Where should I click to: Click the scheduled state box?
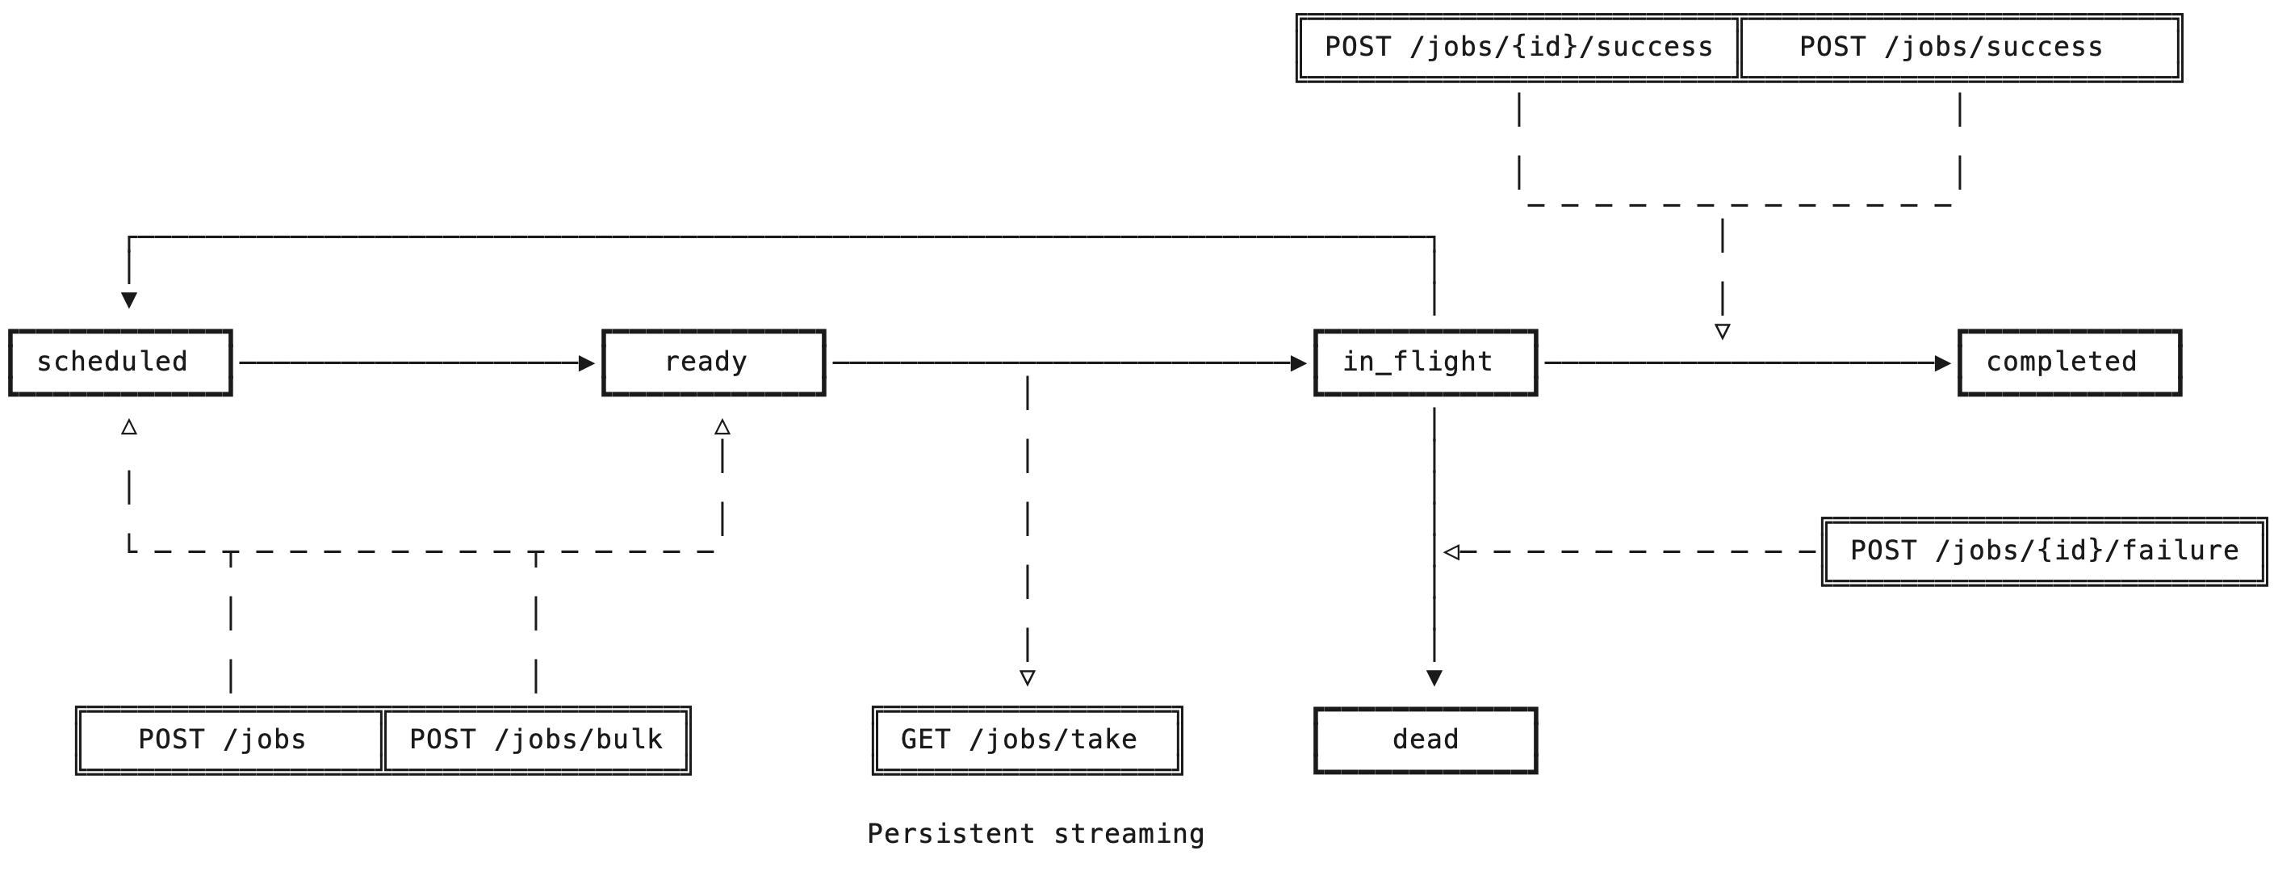pos(120,362)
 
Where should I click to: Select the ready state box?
pos(714,362)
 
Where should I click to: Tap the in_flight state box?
pos(1425,362)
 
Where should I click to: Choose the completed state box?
pos(2069,362)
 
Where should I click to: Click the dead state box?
pos(1425,740)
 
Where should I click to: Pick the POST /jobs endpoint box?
pos(229,740)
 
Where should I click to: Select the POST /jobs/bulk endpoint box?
pos(536,740)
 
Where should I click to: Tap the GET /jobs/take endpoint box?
pos(1027,740)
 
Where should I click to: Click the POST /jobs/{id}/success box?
pos(1518,48)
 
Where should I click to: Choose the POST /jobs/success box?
pos(1960,48)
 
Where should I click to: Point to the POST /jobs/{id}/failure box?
pos(2044,551)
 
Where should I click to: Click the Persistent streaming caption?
pos(1036,834)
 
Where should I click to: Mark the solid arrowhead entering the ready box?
pos(586,363)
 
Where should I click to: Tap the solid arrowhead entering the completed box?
pos(1942,363)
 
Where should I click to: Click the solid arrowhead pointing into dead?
pos(1434,677)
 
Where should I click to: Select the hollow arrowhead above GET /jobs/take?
pos(1027,677)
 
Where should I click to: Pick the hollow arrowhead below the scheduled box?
pos(129,427)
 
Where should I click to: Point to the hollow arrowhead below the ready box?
pos(722,427)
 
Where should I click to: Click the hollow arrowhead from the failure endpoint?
pos(1451,552)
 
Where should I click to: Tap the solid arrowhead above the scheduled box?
pos(129,300)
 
